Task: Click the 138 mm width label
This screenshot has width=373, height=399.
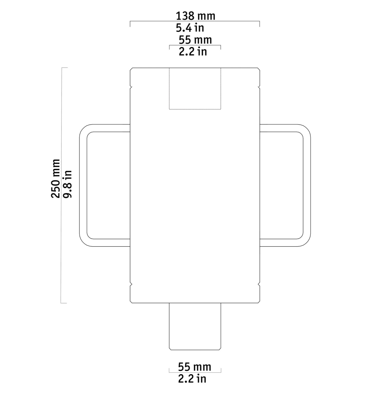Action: pos(195,16)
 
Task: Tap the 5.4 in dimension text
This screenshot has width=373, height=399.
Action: pos(190,28)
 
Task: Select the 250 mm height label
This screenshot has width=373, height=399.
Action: pos(55,179)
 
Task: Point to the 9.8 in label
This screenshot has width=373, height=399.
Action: pos(68,184)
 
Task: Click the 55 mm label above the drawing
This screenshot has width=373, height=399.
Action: pos(195,40)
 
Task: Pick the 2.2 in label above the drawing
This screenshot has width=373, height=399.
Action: pos(193,52)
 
